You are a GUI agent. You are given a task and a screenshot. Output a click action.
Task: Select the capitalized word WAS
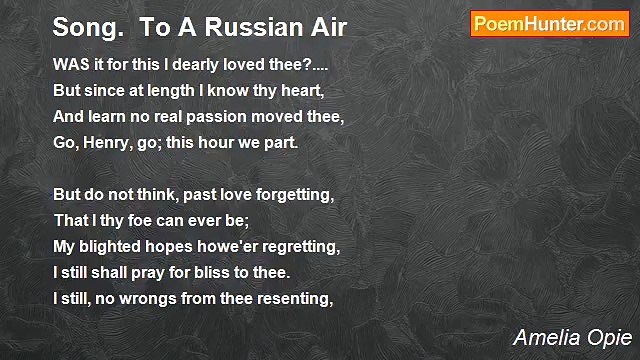[69, 60]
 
